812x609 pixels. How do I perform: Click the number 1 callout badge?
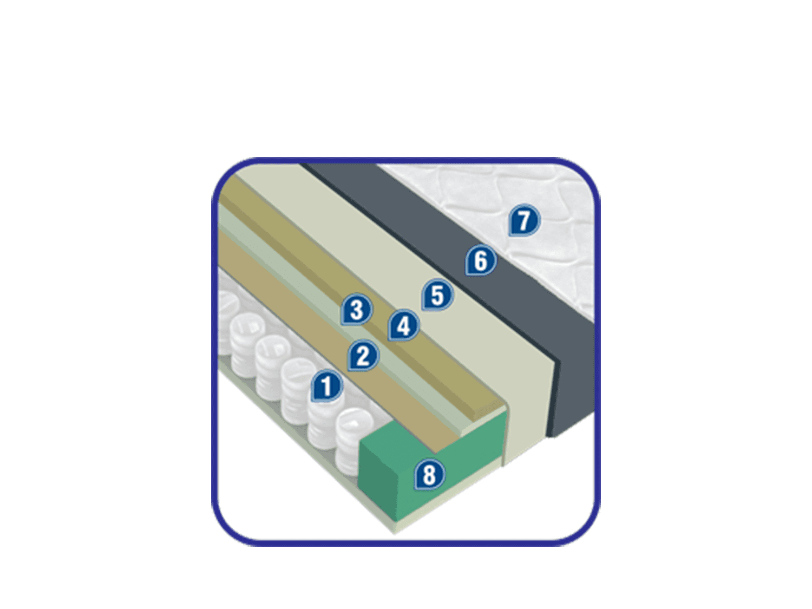point(327,386)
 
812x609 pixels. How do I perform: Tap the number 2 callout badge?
point(363,356)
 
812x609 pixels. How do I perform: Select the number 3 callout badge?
point(356,310)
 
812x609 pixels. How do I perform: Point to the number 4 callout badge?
point(403,326)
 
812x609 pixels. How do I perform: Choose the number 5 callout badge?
point(437,295)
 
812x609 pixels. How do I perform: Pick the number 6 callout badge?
point(481,261)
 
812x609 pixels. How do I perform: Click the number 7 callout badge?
point(524,221)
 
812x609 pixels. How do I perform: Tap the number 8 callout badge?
point(429,475)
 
